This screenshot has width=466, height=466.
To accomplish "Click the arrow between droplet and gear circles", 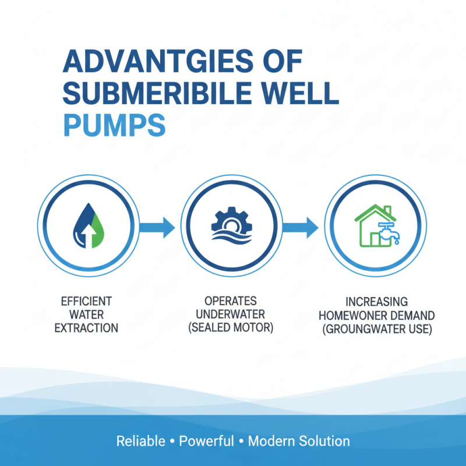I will (x=158, y=227).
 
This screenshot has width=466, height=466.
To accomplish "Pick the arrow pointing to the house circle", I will (x=301, y=227).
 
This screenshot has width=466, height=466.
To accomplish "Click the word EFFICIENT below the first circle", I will (x=86, y=302).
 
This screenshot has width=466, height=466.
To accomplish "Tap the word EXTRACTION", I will (x=86, y=328).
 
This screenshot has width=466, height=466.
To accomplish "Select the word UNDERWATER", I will (x=231, y=315).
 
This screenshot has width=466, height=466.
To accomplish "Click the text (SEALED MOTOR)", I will (x=231, y=328).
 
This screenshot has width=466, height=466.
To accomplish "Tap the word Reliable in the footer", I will (x=141, y=441).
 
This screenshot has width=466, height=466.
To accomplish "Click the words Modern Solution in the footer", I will (x=299, y=441).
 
